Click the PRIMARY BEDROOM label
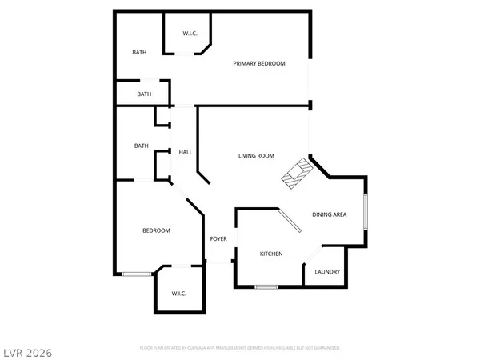pos(259,63)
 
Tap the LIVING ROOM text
pos(256,156)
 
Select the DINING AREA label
pos(329,214)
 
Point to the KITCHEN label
pos(271,254)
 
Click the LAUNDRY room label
pos(327,272)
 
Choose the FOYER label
pos(218,239)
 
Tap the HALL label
pos(185,152)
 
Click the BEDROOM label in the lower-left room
pos(156,231)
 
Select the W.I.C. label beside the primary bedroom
pos(190,34)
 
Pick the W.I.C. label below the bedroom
pos(178,294)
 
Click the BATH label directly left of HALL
pos(142,146)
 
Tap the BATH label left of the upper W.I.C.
pos(140,53)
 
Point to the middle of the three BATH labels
pos(144,94)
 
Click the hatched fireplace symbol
pos(295,173)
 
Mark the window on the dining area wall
pos(366,213)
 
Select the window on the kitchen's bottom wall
pos(266,286)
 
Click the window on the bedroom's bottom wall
pos(137,274)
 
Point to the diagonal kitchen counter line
pos(289,222)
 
